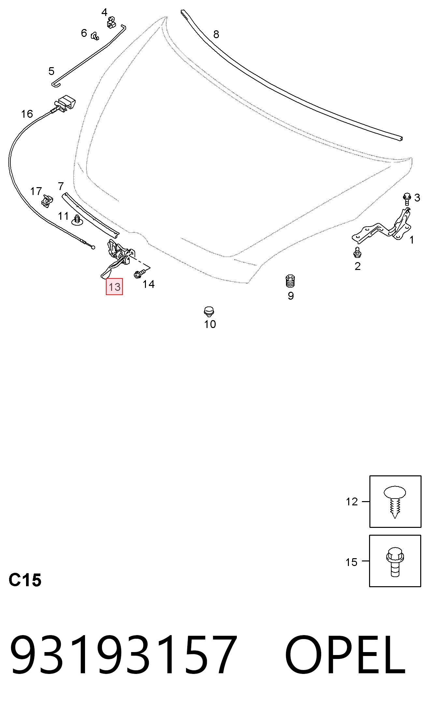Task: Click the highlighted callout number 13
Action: [114, 287]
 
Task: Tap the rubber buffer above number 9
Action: [290, 281]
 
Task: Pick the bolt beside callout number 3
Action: [407, 199]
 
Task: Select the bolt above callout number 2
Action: [357, 252]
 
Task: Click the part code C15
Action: [25, 580]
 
